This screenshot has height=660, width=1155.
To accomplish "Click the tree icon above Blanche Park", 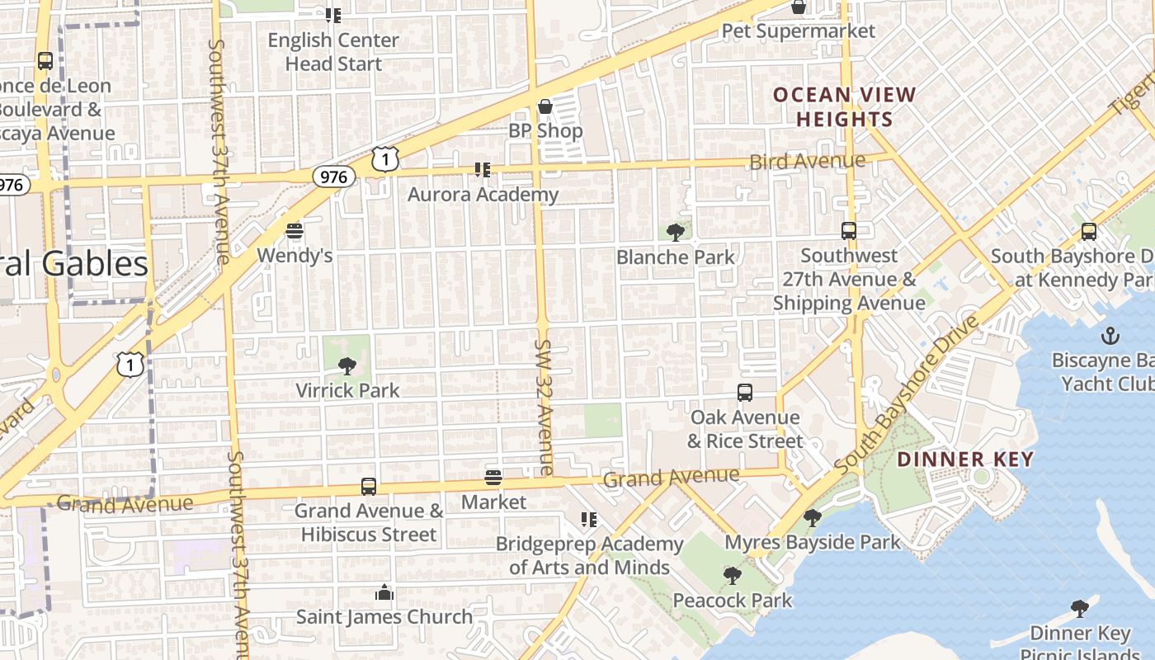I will (x=676, y=233).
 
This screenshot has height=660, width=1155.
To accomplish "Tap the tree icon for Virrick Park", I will (x=347, y=366).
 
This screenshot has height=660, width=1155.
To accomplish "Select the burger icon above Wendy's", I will (x=295, y=231).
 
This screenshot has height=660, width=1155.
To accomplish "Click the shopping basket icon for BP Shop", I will (x=544, y=106).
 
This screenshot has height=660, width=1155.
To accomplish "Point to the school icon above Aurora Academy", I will (x=483, y=170).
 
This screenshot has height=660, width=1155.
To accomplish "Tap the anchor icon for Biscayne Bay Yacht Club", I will (x=1110, y=336).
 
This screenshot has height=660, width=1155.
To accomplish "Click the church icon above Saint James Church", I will (x=384, y=592).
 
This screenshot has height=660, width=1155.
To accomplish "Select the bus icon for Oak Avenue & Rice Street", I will (x=745, y=393).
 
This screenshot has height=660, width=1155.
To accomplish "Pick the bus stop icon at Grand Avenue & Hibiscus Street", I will (x=369, y=487).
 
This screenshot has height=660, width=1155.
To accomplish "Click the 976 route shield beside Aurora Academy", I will (x=334, y=177).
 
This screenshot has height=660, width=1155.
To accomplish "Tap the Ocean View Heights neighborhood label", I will (x=844, y=107).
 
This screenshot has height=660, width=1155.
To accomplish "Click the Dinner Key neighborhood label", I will (x=964, y=460).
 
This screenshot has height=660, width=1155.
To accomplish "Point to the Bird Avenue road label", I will (x=807, y=161).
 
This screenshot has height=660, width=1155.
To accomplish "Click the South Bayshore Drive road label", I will (x=906, y=396).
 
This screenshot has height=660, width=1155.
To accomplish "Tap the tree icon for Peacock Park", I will (x=732, y=576).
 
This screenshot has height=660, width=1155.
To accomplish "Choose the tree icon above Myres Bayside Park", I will (x=813, y=518).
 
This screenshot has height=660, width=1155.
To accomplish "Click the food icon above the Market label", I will (x=493, y=478).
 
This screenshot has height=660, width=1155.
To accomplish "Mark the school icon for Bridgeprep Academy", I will (x=589, y=520).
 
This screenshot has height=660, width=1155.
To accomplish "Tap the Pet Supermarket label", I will (x=798, y=31).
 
